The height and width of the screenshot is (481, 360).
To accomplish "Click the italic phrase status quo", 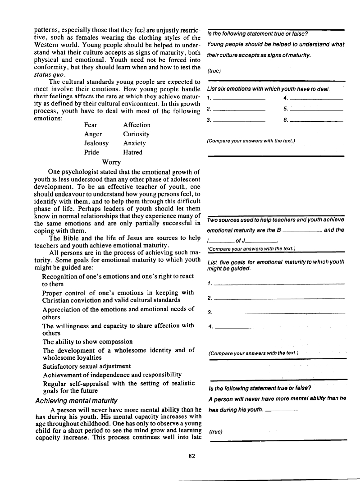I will (46, 74).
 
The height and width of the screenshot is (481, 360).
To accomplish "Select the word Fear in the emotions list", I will (91, 125).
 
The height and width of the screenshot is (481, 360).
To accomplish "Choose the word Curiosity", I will (136, 134).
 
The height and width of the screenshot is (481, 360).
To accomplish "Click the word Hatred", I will (132, 152).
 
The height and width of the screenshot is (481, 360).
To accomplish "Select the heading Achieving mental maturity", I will (76, 400).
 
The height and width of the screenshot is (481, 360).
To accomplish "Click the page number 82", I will (192, 456).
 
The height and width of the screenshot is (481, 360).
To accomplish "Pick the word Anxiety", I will (134, 143).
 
